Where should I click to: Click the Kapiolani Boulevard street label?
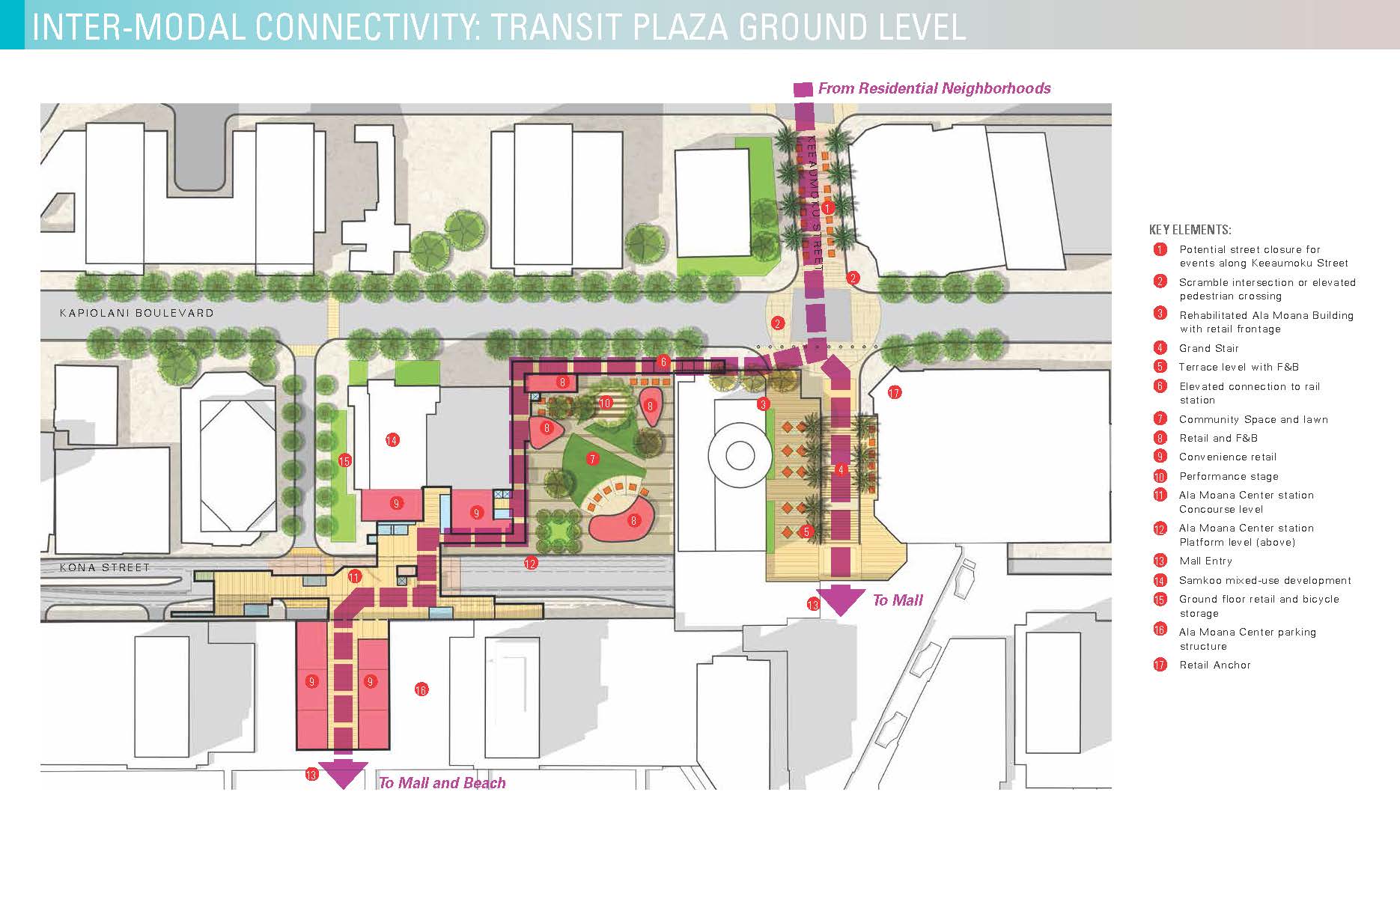pyautogui.click(x=136, y=313)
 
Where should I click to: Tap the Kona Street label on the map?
pyautogui.click(x=105, y=567)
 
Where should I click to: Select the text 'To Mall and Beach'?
pyautogui.click(x=442, y=783)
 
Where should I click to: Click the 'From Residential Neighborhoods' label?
pyautogui.click(x=934, y=88)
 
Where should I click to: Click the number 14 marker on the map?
pyautogui.click(x=392, y=440)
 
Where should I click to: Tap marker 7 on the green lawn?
pyautogui.click(x=593, y=459)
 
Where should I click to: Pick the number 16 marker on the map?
pyautogui.click(x=421, y=689)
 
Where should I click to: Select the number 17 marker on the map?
pyautogui.click(x=894, y=392)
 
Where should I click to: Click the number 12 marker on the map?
pyautogui.click(x=531, y=564)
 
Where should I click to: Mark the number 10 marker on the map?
pyautogui.click(x=605, y=403)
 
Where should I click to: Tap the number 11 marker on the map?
pyautogui.click(x=354, y=576)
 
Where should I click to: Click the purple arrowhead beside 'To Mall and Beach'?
pyautogui.click(x=343, y=774)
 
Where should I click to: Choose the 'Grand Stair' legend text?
pyautogui.click(x=1208, y=348)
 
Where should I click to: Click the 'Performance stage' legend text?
pyautogui.click(x=1229, y=476)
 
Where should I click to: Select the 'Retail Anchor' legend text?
pyautogui.click(x=1214, y=665)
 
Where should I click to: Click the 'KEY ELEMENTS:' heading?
pyautogui.click(x=1190, y=230)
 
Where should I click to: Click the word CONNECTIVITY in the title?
pyautogui.click(x=368, y=27)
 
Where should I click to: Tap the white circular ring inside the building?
pyautogui.click(x=740, y=455)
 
